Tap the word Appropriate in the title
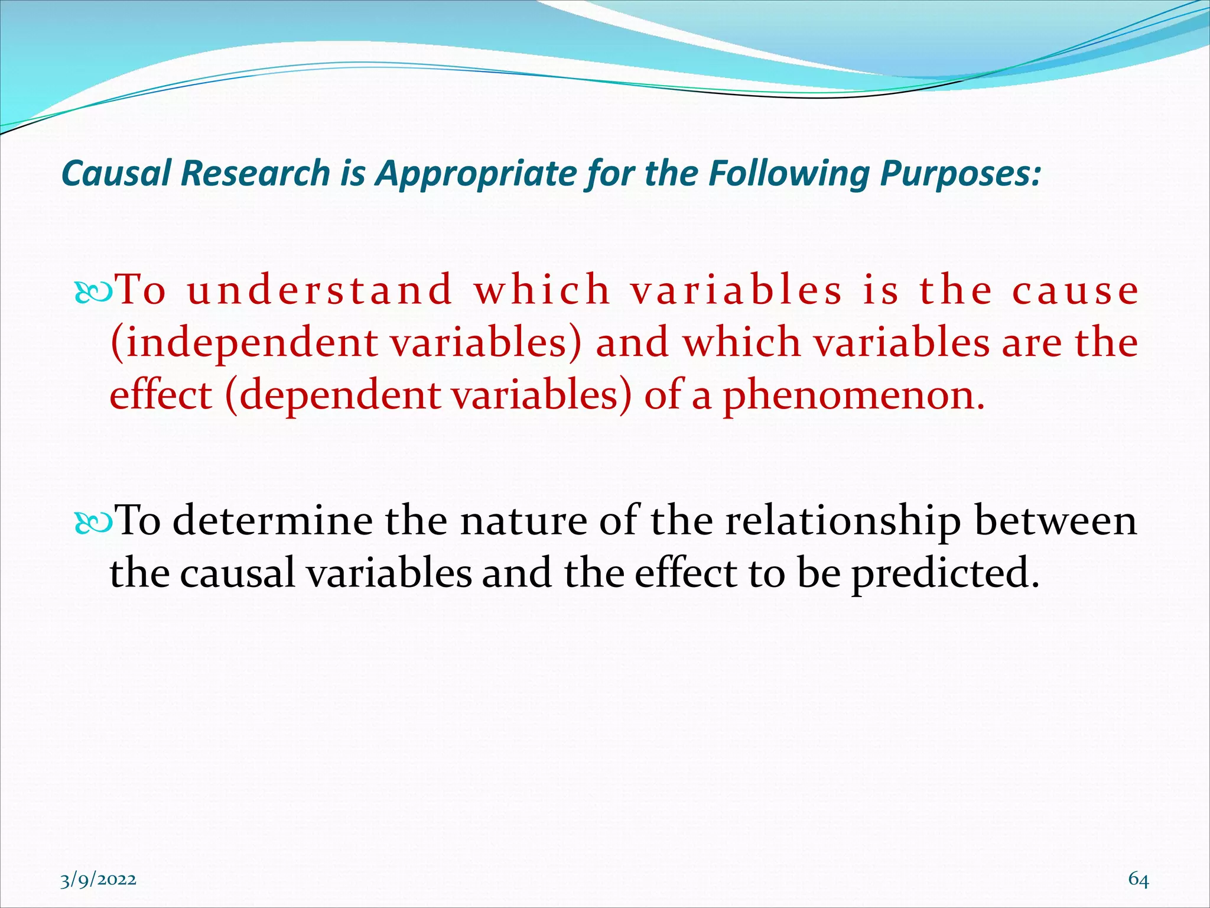click(x=476, y=174)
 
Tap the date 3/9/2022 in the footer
click(x=98, y=880)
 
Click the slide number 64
click(x=1139, y=880)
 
